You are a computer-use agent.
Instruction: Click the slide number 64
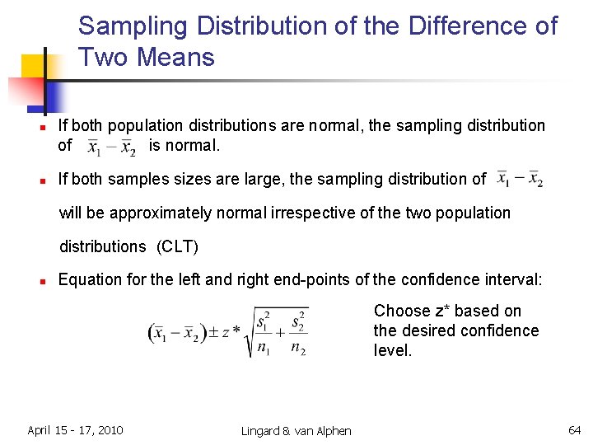574,430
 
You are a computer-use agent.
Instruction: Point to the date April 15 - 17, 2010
75,430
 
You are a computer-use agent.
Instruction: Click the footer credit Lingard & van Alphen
296,431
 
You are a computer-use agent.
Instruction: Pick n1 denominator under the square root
264,347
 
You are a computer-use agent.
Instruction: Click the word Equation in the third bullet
90,280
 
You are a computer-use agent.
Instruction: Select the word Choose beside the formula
403,311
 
